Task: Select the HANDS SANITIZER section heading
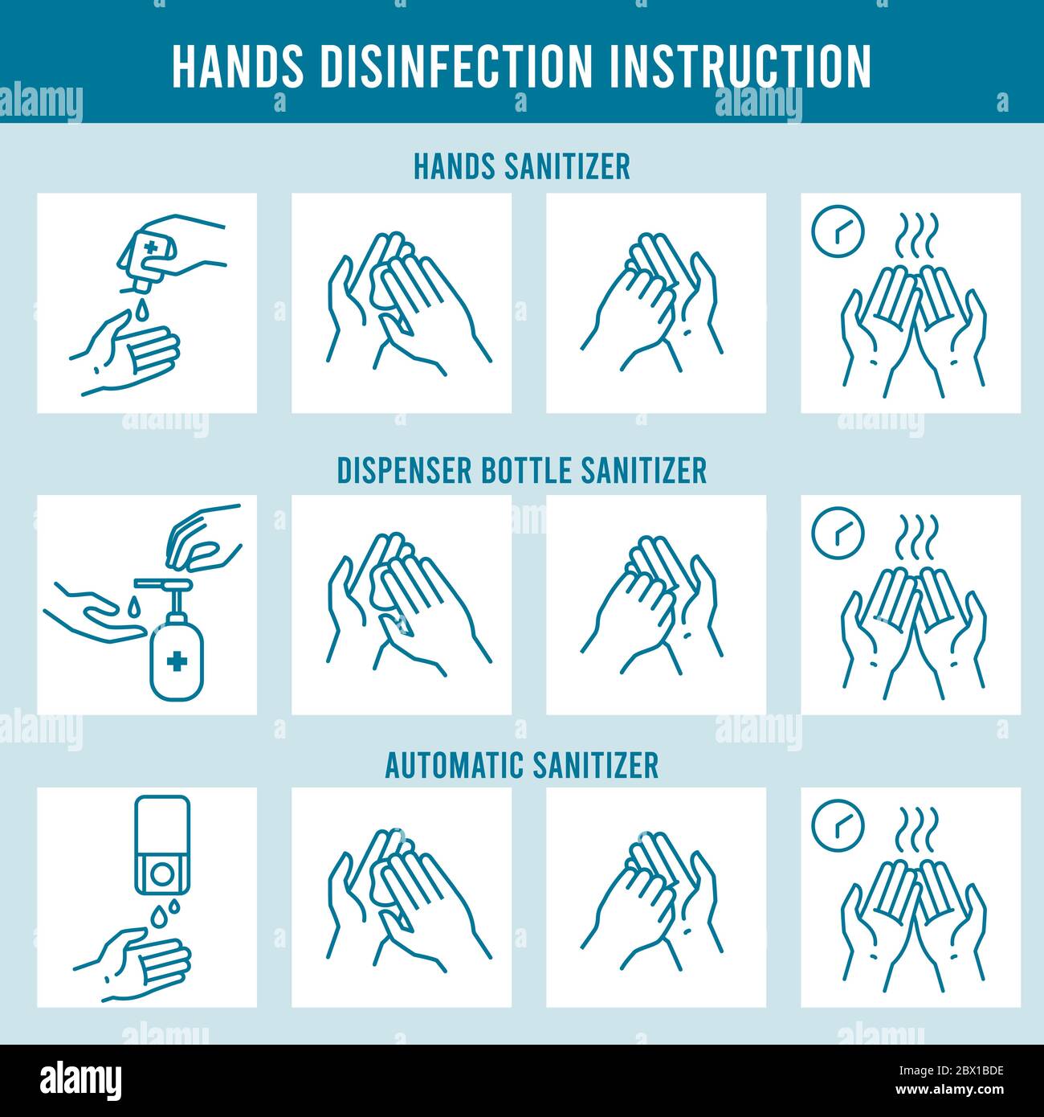[521, 166]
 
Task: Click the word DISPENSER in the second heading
[403, 470]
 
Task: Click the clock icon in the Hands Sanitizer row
[837, 230]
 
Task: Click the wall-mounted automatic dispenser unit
[164, 845]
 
